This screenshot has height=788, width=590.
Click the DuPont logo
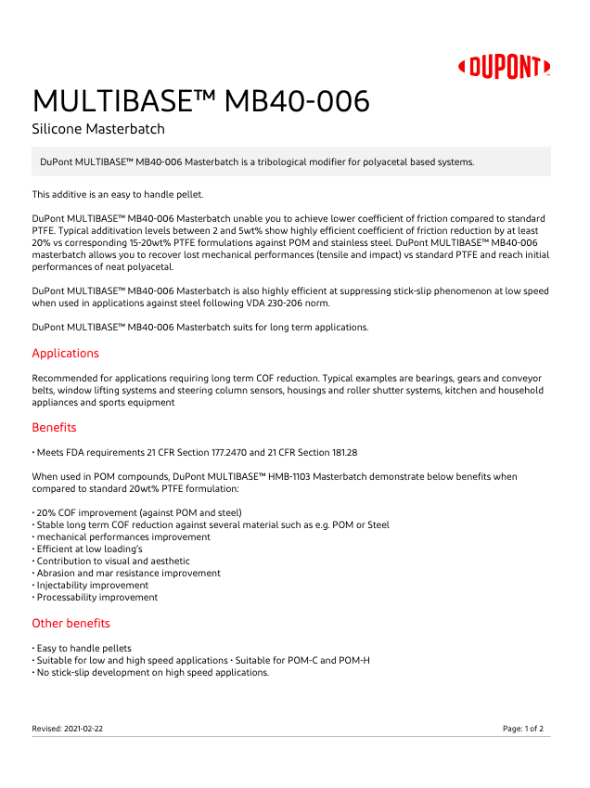point(505,67)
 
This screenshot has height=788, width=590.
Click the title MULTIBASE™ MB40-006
point(200,100)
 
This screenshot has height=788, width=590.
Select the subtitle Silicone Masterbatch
point(98,129)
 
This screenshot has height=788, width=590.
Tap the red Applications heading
point(65,354)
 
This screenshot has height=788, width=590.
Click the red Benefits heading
point(54,428)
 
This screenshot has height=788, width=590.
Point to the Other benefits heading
point(71,623)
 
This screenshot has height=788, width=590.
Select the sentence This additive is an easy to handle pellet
point(117,194)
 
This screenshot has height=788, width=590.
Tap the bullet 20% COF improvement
point(138,512)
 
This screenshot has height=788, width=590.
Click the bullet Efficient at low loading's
point(89,549)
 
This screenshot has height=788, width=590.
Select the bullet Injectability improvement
point(92,586)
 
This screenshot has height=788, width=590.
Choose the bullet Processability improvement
point(96,598)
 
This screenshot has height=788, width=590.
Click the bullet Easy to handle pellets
point(83,648)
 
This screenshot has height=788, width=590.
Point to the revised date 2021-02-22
point(84,729)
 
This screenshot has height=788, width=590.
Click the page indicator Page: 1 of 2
point(523,729)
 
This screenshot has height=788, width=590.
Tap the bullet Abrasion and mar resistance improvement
point(128,573)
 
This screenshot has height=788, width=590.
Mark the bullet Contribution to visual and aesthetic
point(112,561)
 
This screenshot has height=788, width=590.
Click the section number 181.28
point(340,452)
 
